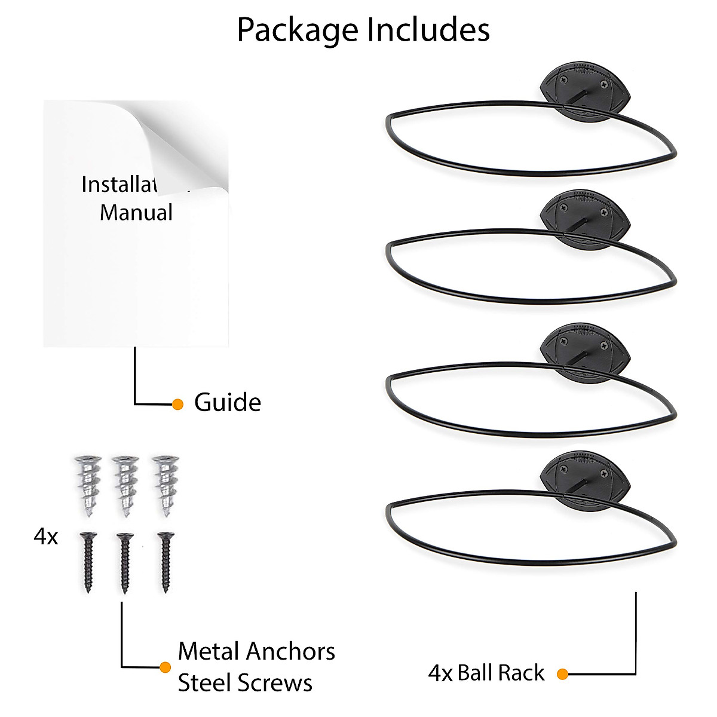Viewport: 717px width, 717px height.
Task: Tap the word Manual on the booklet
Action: pos(136,213)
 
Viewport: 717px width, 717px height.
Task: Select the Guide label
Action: pos(228,403)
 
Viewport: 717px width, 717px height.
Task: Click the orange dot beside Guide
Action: pos(177,405)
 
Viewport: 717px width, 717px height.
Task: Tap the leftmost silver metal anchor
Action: pos(88,486)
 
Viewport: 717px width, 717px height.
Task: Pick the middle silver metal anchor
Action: pos(125,486)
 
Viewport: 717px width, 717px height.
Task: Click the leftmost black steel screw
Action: pos(88,562)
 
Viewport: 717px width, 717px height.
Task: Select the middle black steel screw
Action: pos(124,562)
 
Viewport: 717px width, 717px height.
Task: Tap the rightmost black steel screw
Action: pos(166,562)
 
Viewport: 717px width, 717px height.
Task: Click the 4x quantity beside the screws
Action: pos(46,537)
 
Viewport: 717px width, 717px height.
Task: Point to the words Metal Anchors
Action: pos(256,651)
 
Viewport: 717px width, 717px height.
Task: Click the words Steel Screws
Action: pos(245,683)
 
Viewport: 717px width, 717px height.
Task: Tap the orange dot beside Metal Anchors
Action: pos(166,667)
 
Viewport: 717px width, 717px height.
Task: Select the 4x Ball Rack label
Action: pos(486,673)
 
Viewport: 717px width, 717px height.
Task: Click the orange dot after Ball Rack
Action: pos(562,674)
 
